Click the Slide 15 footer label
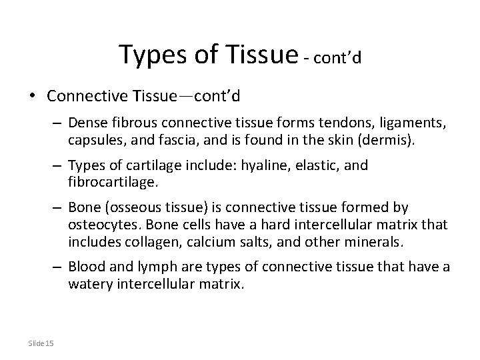(x=41, y=343)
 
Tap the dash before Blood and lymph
(x=59, y=267)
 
